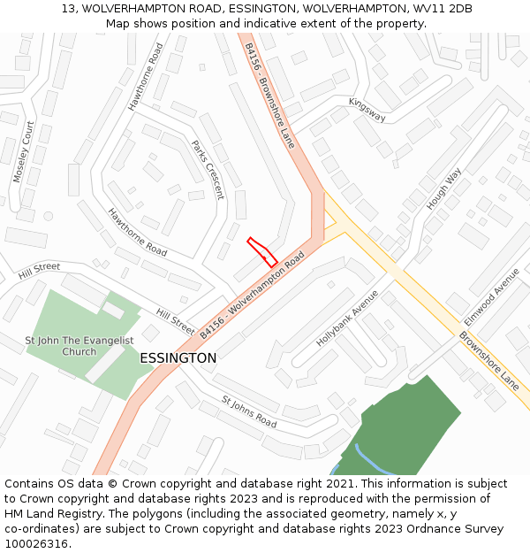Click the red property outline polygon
click(262, 251)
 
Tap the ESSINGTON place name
click(178, 358)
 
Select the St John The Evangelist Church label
click(79, 346)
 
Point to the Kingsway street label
click(367, 109)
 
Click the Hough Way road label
click(444, 188)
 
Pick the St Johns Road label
click(249, 411)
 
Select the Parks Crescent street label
click(208, 169)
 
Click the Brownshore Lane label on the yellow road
click(488, 361)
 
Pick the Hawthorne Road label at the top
click(146, 78)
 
